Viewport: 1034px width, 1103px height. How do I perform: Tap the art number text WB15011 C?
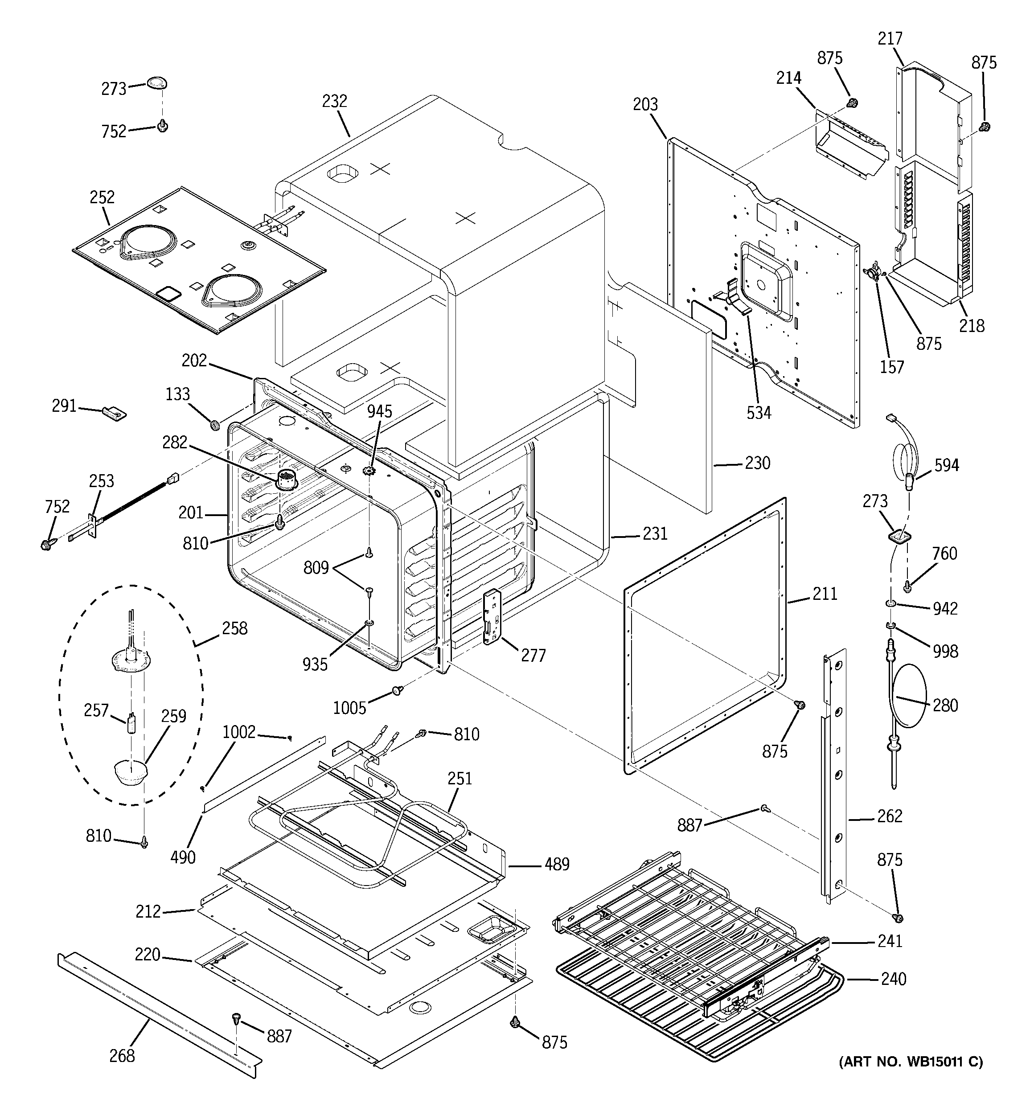point(910,1062)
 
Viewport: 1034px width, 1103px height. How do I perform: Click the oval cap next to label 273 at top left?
point(157,83)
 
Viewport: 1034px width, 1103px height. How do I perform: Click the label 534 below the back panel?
point(759,412)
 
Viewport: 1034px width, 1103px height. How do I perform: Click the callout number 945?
point(380,411)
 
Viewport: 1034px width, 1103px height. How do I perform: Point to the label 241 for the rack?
point(890,940)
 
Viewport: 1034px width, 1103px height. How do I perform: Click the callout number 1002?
point(238,732)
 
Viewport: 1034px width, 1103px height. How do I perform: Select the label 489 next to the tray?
point(557,864)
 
